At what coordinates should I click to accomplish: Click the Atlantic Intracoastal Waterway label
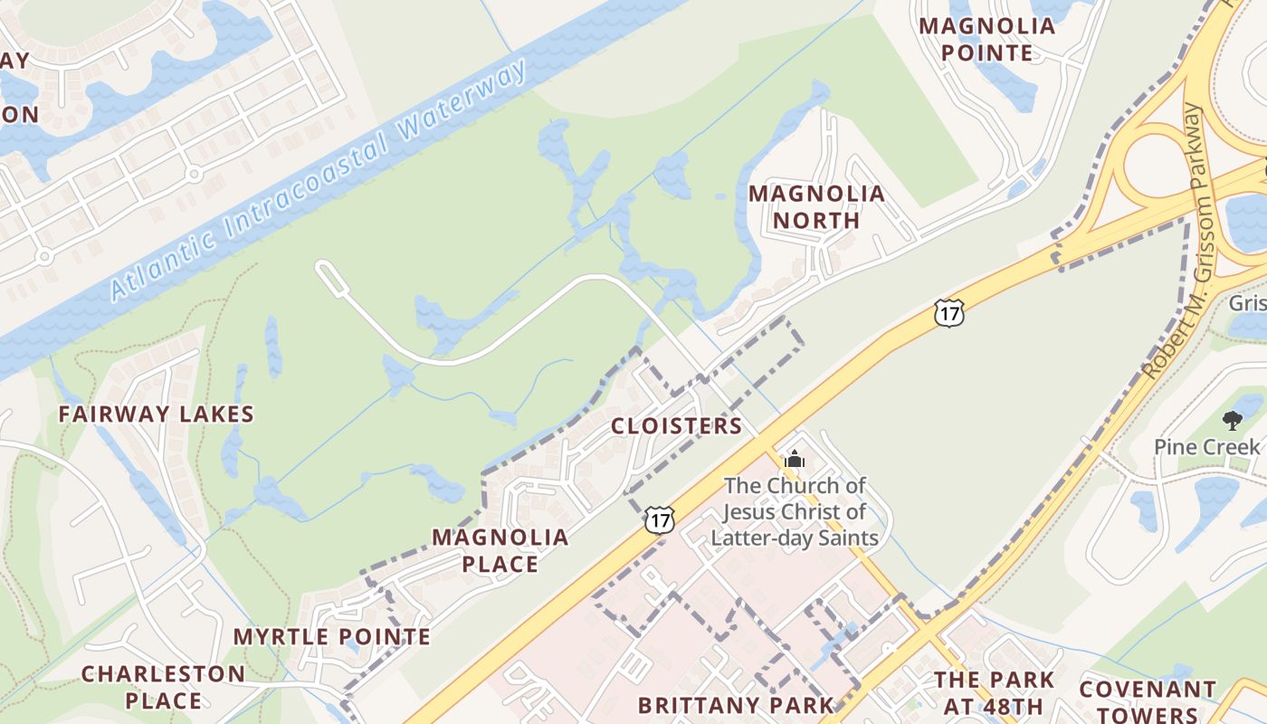(x=319, y=181)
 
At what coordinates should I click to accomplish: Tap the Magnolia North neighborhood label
(x=816, y=206)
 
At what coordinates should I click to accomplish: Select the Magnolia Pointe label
(x=987, y=39)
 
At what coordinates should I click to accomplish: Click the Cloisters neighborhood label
(x=676, y=425)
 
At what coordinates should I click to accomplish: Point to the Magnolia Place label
(x=500, y=550)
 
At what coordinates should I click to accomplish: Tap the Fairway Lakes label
(x=157, y=414)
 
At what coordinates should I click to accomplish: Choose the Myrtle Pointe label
(x=332, y=636)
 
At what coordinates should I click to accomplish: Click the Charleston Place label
(x=164, y=687)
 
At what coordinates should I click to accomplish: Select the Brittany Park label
(x=736, y=705)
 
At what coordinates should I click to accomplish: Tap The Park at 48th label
(x=994, y=692)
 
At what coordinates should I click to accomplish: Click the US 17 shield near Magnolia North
(x=949, y=314)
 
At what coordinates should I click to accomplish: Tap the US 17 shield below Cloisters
(x=659, y=519)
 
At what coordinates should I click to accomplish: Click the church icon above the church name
(x=795, y=459)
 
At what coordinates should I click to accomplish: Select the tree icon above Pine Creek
(x=1232, y=420)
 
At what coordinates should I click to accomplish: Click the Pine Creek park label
(x=1206, y=447)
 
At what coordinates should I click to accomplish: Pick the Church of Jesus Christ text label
(x=795, y=511)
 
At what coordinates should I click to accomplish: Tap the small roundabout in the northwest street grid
(x=193, y=173)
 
